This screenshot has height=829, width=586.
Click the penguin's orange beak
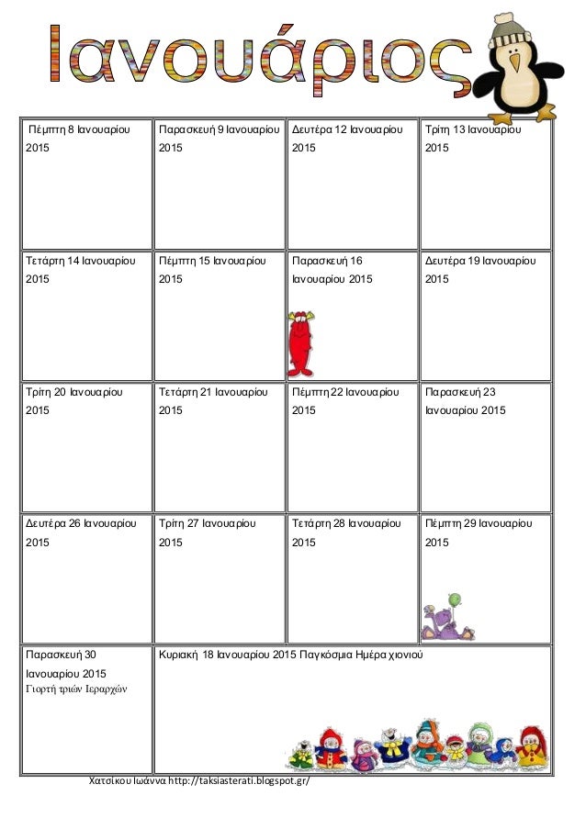[x=515, y=63]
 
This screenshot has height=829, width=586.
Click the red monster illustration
[x=299, y=343]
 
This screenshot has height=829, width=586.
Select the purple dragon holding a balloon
[x=448, y=617]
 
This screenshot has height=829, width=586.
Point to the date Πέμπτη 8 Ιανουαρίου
[x=81, y=130]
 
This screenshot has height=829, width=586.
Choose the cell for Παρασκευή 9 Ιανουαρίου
[x=219, y=130]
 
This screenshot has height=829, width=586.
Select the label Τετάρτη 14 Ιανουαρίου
[x=81, y=262]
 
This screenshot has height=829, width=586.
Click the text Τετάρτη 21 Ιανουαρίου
[x=212, y=393]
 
